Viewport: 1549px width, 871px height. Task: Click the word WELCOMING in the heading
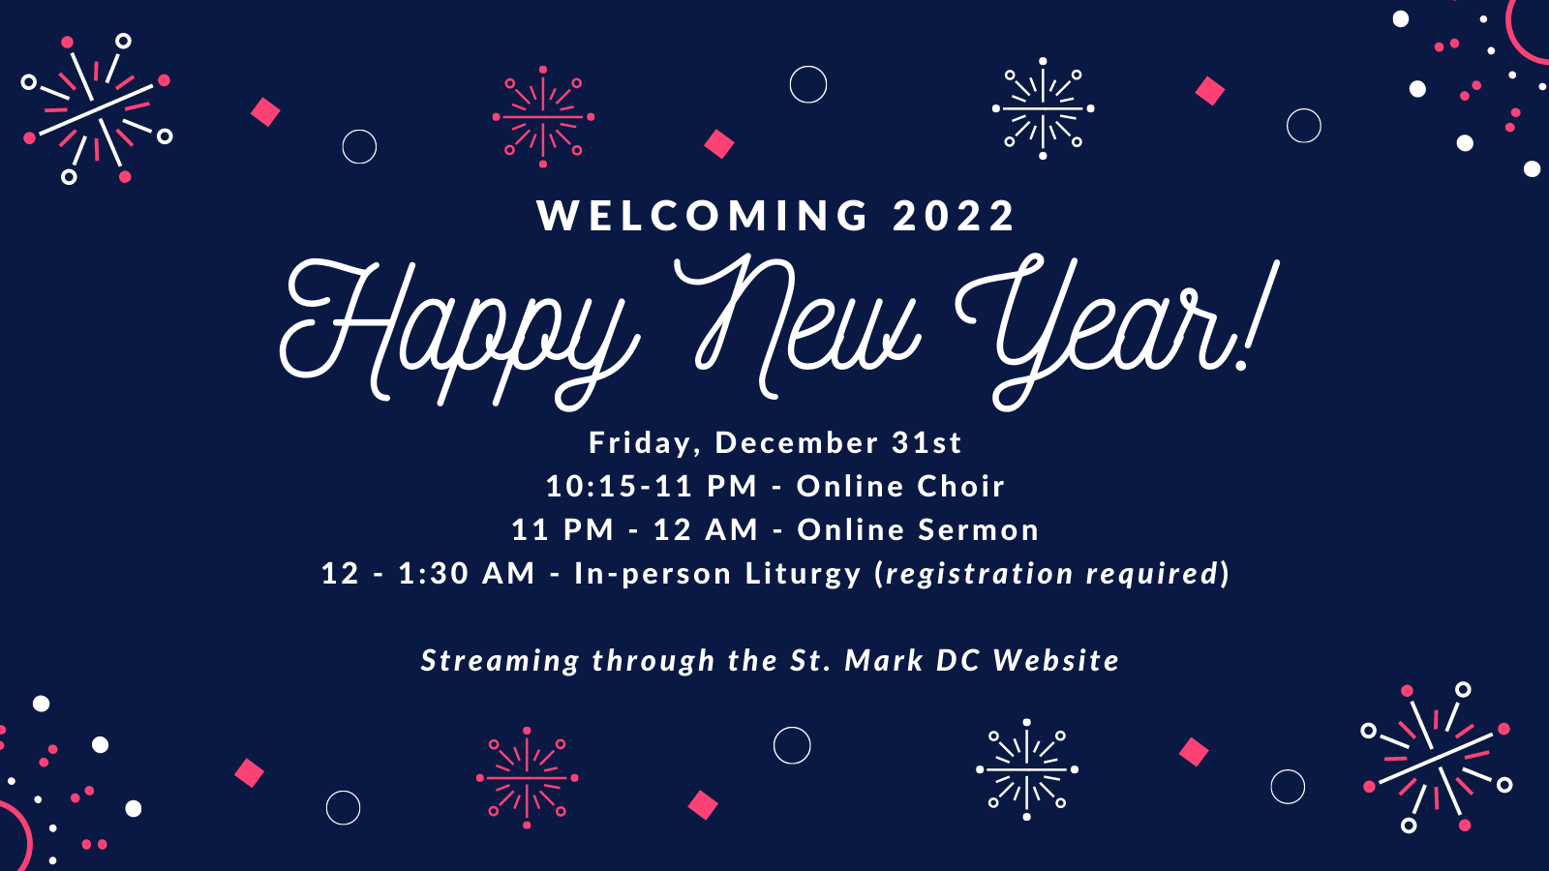pyautogui.click(x=704, y=215)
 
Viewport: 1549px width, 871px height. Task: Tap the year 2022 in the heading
pyautogui.click(x=954, y=215)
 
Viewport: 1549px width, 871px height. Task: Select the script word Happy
pyautogui.click(x=455, y=324)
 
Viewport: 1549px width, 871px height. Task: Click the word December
pyautogui.click(x=797, y=442)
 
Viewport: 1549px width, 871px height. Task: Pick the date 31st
pyautogui.click(x=926, y=442)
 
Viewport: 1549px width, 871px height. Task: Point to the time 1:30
pyautogui.click(x=434, y=573)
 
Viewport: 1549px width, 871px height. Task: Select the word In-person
pyautogui.click(x=653, y=574)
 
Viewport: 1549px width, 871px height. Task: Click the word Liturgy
pyautogui.click(x=803, y=574)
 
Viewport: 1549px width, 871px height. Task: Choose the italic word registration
pyautogui.click(x=980, y=574)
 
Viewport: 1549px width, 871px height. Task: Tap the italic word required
pyautogui.click(x=1151, y=574)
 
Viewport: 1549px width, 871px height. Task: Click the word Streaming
pyautogui.click(x=500, y=661)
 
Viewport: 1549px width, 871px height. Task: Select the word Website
pyautogui.click(x=1056, y=660)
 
